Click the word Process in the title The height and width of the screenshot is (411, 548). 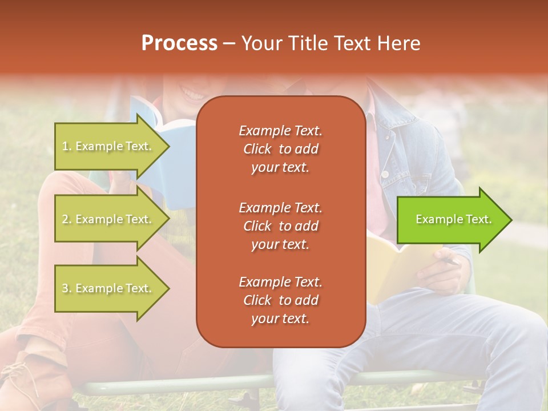pyautogui.click(x=179, y=43)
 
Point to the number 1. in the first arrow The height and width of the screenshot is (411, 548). pyautogui.click(x=67, y=147)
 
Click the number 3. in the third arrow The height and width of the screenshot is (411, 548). pyautogui.click(x=67, y=289)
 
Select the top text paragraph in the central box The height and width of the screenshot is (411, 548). pyautogui.click(x=280, y=149)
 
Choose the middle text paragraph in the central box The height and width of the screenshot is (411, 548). pyautogui.click(x=280, y=226)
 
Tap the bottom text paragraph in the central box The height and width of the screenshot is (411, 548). pyautogui.click(x=280, y=300)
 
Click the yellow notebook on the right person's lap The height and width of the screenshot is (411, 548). pyautogui.click(x=394, y=263)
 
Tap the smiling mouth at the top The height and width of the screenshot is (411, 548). pyautogui.click(x=192, y=92)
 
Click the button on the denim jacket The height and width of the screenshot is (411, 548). pyautogui.click(x=386, y=173)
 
